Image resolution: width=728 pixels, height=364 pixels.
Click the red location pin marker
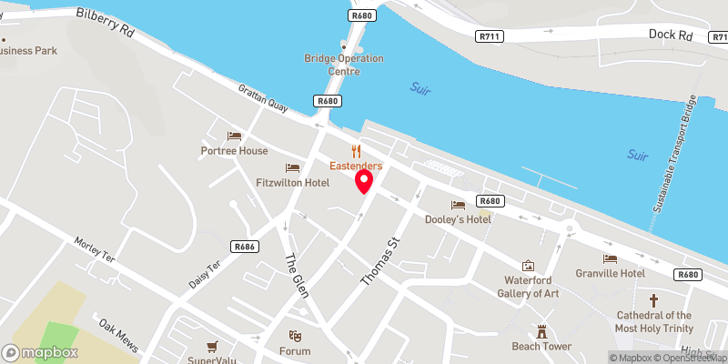coord(364,180)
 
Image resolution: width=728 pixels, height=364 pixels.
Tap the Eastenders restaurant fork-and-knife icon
coord(357,152)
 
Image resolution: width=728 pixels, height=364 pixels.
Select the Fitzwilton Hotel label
coord(292,183)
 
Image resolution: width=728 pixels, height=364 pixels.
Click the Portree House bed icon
coord(235,136)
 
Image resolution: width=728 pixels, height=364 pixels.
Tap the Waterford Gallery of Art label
coord(529,286)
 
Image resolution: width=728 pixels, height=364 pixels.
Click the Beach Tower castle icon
coord(542,331)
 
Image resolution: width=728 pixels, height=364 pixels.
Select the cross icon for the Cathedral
coord(652,300)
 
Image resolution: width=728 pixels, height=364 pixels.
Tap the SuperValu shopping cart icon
coord(212,346)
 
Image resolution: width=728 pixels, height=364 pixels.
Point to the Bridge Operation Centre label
coord(344,65)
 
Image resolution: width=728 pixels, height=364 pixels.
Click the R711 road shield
coord(490,35)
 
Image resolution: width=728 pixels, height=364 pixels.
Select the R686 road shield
coord(242,247)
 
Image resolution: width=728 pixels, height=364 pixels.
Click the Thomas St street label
coord(381,263)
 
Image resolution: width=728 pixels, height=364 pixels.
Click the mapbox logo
coord(40,352)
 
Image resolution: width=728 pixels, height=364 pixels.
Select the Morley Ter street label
coord(95,250)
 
